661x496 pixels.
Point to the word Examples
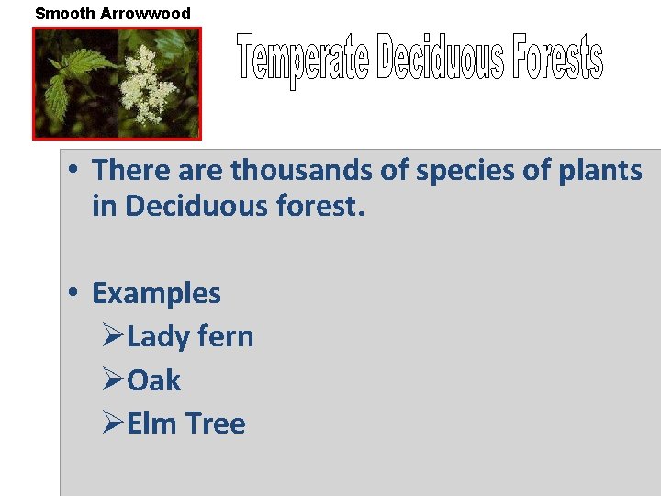pyautogui.click(x=156, y=294)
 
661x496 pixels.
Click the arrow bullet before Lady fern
pyautogui.click(x=112, y=336)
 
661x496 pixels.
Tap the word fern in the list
pyautogui.click(x=227, y=337)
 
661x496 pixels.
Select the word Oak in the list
pyautogui.click(x=154, y=380)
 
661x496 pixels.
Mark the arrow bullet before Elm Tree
pyautogui.click(x=112, y=423)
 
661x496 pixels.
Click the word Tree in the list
pyautogui.click(x=216, y=423)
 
